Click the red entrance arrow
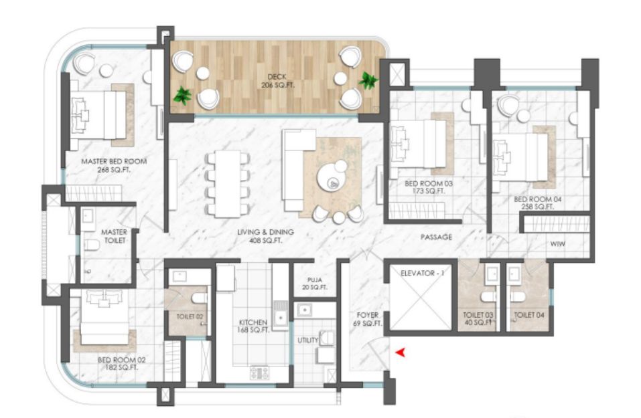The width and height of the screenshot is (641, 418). (401, 352)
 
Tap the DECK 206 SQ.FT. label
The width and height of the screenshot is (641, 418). (277, 81)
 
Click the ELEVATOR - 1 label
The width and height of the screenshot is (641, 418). (422, 273)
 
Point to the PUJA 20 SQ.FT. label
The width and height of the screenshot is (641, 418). (314, 284)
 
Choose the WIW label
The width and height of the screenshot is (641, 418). (557, 243)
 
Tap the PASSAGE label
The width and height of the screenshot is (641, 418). (436, 237)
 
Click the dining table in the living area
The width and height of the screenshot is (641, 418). (228, 184)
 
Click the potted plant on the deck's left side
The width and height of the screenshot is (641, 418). (182, 95)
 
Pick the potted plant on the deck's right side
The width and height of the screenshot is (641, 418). (368, 80)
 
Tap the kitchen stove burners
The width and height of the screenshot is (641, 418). (260, 373)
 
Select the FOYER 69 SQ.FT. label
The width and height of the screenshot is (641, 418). (368, 319)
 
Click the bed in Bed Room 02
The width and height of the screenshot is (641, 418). (105, 317)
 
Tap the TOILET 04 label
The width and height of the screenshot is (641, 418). (529, 315)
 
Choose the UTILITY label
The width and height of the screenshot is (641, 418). (308, 340)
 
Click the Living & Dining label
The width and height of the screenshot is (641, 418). (266, 236)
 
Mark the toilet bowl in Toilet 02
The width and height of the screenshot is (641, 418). (200, 298)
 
